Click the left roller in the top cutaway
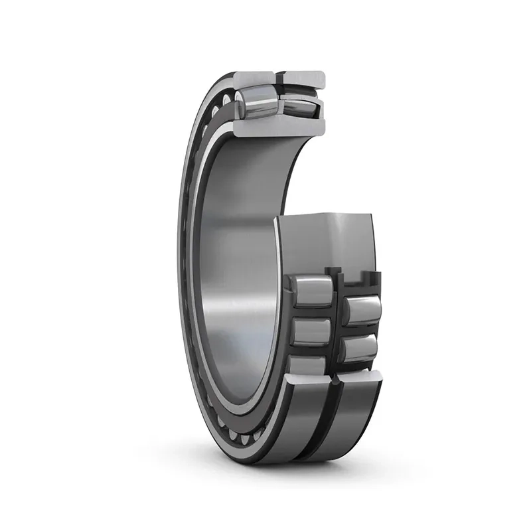point(256,101)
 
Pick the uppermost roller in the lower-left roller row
point(311,290)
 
